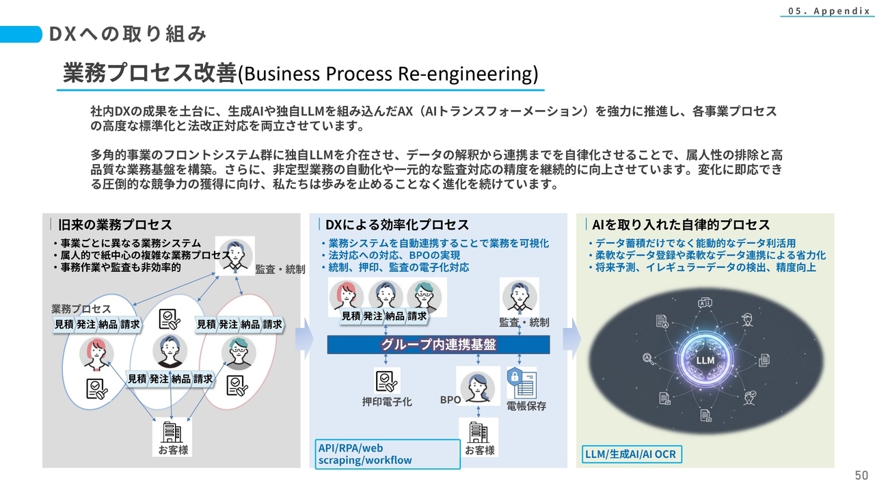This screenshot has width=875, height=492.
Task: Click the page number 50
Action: tap(861, 476)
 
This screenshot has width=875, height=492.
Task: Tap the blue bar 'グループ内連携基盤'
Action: tap(438, 345)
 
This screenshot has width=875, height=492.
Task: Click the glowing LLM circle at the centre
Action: tap(705, 360)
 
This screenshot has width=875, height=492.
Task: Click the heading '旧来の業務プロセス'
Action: tap(115, 225)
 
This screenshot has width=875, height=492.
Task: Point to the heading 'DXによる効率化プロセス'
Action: tap(396, 225)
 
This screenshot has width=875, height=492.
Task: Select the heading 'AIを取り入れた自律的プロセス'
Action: tap(680, 225)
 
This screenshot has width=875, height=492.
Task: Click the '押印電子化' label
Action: tap(387, 402)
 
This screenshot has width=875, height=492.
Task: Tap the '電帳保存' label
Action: tap(526, 406)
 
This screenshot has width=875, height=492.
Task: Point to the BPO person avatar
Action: tap(478, 387)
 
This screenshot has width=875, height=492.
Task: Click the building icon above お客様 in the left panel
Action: tap(172, 431)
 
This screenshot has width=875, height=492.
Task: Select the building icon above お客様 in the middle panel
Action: tap(479, 432)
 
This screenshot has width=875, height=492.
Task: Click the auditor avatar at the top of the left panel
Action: tap(234, 255)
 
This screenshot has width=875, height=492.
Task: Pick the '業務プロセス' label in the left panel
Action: tap(81, 309)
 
